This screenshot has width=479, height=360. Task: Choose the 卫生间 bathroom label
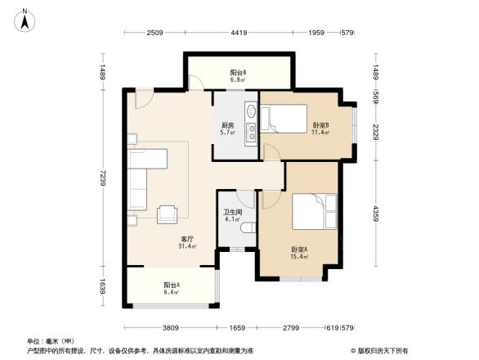pyautogui.click(x=232, y=215)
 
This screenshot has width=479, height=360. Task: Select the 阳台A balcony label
pyautogui.click(x=171, y=287)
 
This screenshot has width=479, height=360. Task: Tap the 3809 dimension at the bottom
pyautogui.click(x=170, y=327)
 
